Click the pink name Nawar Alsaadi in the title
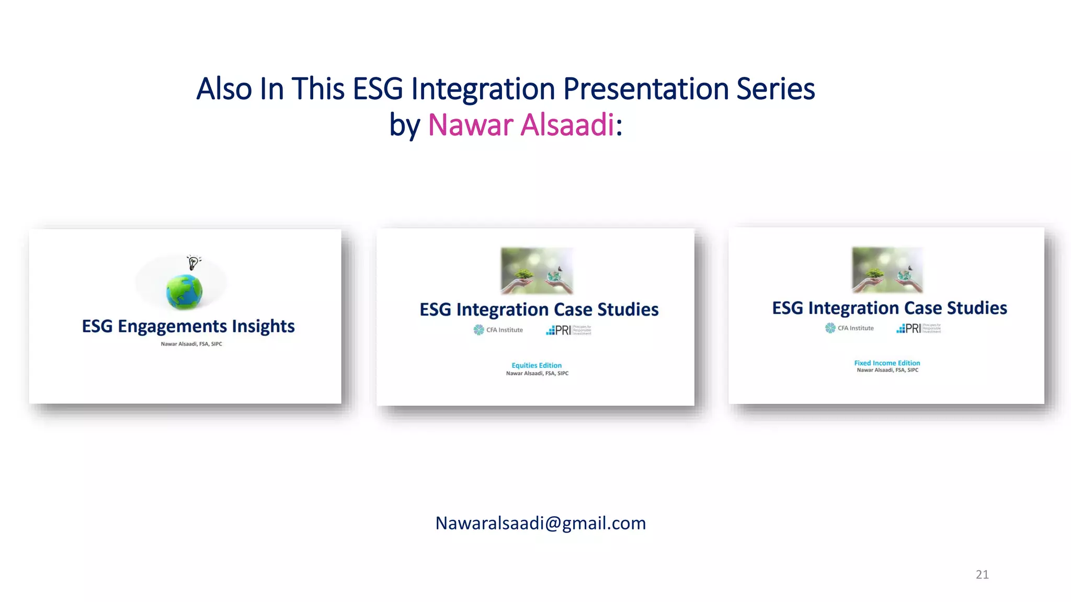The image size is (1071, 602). click(520, 125)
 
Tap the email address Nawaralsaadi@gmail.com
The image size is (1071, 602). click(540, 523)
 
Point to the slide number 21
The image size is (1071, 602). click(982, 574)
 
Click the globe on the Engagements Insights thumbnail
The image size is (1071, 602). click(184, 291)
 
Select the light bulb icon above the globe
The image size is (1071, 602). click(193, 262)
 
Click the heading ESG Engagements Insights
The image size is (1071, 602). click(188, 326)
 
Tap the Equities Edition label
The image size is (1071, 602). click(537, 365)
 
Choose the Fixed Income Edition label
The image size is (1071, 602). click(887, 363)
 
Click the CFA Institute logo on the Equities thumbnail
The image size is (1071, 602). click(498, 330)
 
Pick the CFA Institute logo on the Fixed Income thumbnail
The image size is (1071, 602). click(849, 328)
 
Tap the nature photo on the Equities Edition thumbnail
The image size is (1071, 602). click(537, 270)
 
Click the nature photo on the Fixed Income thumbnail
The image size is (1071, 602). click(887, 270)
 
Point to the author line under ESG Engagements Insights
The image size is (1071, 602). click(191, 344)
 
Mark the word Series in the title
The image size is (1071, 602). click(776, 89)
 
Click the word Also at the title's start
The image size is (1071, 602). click(224, 89)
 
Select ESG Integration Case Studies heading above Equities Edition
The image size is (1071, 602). click(539, 309)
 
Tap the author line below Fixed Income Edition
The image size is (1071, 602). click(887, 370)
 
